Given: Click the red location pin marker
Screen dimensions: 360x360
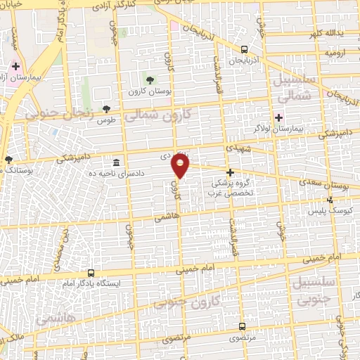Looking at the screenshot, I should coord(181,166).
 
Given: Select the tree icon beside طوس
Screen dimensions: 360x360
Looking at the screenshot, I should coord(106,109).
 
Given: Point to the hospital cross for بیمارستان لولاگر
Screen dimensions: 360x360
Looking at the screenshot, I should coord(279,117).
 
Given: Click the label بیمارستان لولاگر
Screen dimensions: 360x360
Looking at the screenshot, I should coord(278,129).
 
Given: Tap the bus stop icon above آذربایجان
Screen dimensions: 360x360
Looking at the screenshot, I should coord(243,49).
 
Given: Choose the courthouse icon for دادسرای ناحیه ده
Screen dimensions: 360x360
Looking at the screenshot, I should coord(116,162).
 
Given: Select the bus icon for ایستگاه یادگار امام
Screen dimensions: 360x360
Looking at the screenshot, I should coord(91,272).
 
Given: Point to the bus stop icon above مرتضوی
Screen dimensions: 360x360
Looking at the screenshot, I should coord(242,326).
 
